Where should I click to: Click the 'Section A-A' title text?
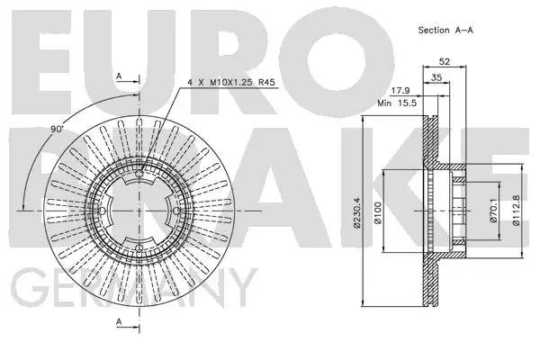(x=445, y=30)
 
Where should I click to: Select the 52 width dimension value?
(x=445, y=62)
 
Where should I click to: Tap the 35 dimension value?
(x=436, y=77)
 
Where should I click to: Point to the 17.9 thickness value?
(x=401, y=91)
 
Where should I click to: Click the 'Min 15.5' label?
(x=397, y=103)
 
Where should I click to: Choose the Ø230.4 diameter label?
(x=356, y=212)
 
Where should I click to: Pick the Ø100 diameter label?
(x=378, y=213)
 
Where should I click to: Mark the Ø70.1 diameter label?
(x=494, y=211)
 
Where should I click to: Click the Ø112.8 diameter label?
(x=517, y=210)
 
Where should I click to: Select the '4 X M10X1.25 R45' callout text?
(x=231, y=83)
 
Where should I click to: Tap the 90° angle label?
(x=58, y=130)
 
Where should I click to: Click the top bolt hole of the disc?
(x=139, y=174)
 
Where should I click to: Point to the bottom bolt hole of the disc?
(x=139, y=247)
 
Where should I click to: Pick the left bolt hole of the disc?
(x=102, y=211)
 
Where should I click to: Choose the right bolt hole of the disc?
(x=176, y=211)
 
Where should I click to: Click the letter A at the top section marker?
(x=119, y=76)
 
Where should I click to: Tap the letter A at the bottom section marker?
(x=119, y=322)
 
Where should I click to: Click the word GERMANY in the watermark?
(x=134, y=288)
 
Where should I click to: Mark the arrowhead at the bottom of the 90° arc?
(x=23, y=206)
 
